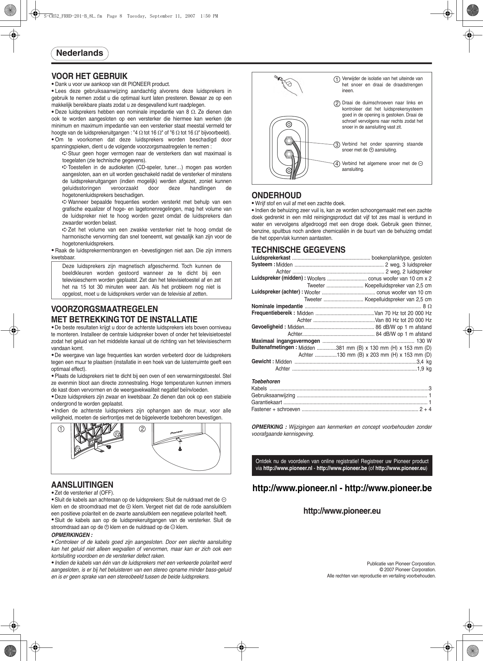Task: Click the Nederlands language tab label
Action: (x=80, y=53)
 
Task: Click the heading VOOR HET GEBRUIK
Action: (x=89, y=76)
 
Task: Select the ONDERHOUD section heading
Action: (x=276, y=195)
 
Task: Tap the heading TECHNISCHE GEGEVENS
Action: (x=298, y=250)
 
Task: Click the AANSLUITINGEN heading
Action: (x=82, y=485)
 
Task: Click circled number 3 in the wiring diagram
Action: (x=336, y=145)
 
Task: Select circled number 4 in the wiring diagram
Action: (x=336, y=164)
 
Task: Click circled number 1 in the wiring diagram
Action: (x=336, y=79)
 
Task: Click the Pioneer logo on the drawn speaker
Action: (x=176, y=432)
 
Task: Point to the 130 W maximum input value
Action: (x=424, y=341)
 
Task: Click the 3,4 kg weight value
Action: (x=424, y=362)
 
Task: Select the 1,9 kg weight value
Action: (x=424, y=368)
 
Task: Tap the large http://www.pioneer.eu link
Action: (x=342, y=511)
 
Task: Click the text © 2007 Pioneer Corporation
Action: (x=407, y=569)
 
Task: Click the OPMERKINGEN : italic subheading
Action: (x=72, y=535)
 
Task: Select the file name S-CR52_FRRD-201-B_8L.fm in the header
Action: (x=73, y=16)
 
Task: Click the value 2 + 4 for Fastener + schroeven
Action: (x=425, y=409)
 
